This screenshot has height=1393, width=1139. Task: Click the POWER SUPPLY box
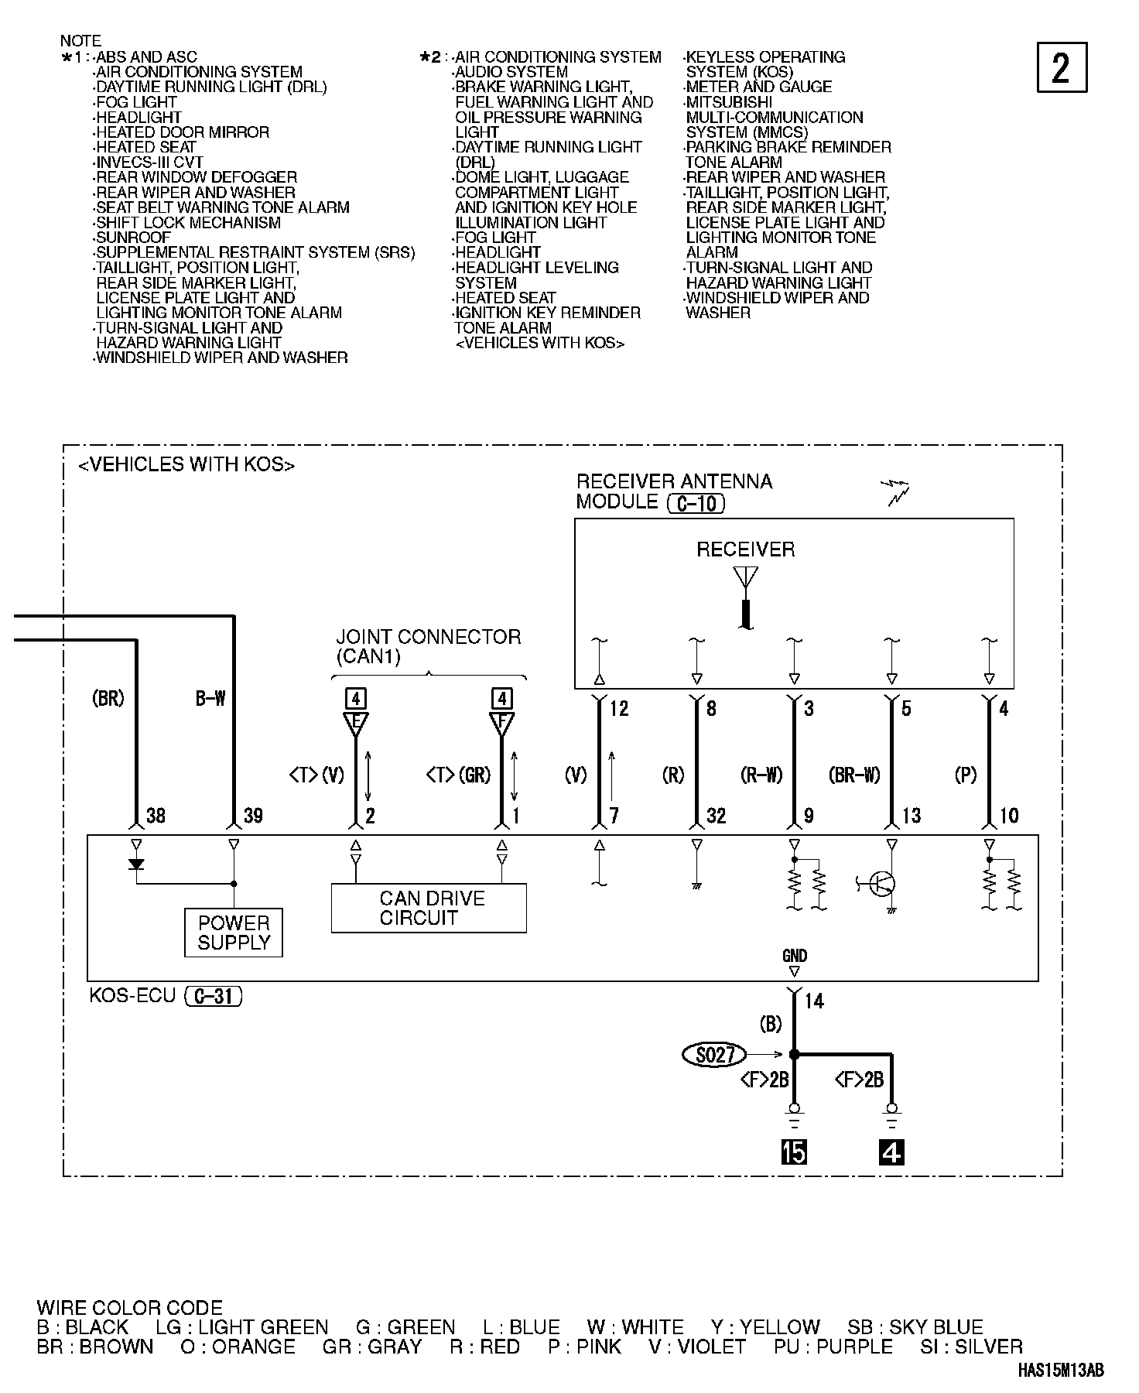(x=233, y=933)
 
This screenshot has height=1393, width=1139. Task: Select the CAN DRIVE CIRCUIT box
(x=429, y=908)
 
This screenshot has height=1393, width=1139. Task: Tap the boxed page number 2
(x=1061, y=68)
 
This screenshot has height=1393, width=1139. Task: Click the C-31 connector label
(x=214, y=996)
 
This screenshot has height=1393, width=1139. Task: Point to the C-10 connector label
(x=696, y=504)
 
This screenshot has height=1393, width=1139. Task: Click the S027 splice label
(x=714, y=1054)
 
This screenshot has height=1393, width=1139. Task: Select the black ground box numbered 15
(x=794, y=1152)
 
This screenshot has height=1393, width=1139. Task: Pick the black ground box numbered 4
(x=891, y=1152)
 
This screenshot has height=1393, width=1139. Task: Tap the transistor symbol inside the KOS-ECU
(x=882, y=884)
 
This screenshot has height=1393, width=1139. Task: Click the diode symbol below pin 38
(x=137, y=864)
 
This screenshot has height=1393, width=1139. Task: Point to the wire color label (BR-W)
(x=854, y=775)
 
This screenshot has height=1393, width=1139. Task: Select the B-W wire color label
(x=210, y=699)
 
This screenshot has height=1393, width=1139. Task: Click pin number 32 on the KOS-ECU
(x=716, y=816)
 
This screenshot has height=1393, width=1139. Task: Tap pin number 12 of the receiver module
(x=619, y=708)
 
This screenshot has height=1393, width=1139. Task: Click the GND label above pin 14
(x=794, y=957)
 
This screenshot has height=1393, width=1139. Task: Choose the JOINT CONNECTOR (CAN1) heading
(x=428, y=647)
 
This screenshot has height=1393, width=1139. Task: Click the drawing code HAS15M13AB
(x=1060, y=1371)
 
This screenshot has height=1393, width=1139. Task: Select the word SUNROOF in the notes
(x=132, y=238)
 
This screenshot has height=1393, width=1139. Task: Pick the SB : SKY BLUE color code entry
(x=915, y=1327)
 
